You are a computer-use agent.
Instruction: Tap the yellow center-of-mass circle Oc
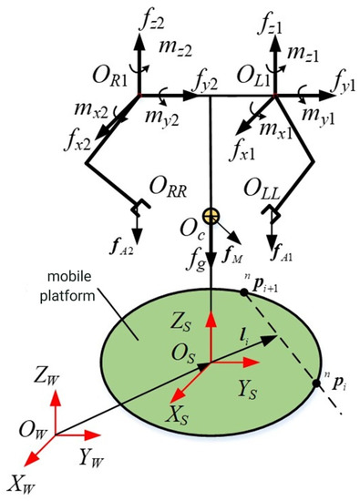click(211, 217)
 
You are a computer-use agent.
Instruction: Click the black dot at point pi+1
click(245, 291)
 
